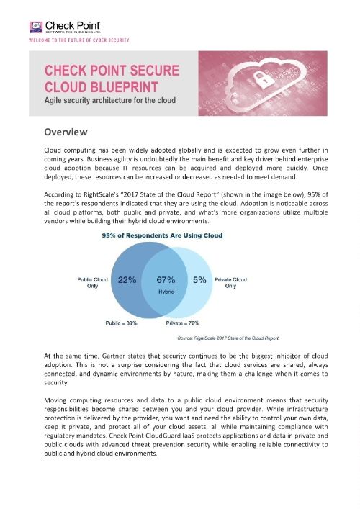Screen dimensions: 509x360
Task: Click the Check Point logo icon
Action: (34, 28)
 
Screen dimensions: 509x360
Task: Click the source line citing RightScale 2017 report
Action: (228, 337)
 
